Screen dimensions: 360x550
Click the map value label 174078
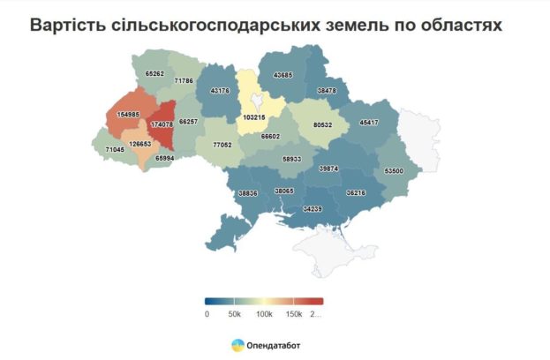pyautogui.click(x=162, y=124)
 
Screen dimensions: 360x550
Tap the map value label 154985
pyautogui.click(x=128, y=115)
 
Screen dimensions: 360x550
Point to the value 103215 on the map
pyautogui.click(x=253, y=116)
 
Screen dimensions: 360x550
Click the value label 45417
pyautogui.click(x=367, y=122)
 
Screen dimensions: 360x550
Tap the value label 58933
pyautogui.click(x=292, y=159)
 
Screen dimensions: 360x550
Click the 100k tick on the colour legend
pyautogui.click(x=264, y=314)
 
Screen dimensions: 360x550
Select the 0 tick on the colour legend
pyautogui.click(x=207, y=314)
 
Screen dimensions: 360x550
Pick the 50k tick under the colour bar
pyautogui.click(x=235, y=314)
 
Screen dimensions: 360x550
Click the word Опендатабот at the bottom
pyautogui.click(x=274, y=345)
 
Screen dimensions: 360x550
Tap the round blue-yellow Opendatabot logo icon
pyautogui.click(x=237, y=345)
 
